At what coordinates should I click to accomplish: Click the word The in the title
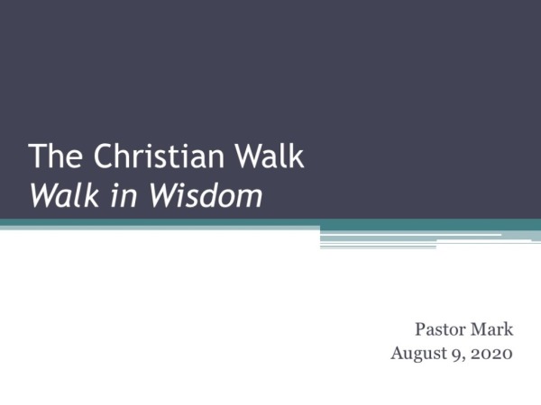[50, 157]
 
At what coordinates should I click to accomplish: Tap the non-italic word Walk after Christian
[266, 157]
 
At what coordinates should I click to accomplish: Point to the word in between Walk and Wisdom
[113, 193]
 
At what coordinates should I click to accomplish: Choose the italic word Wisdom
[199, 193]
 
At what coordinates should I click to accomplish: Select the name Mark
[492, 329]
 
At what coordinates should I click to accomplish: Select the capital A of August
[398, 353]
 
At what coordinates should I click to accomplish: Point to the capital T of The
[37, 157]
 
